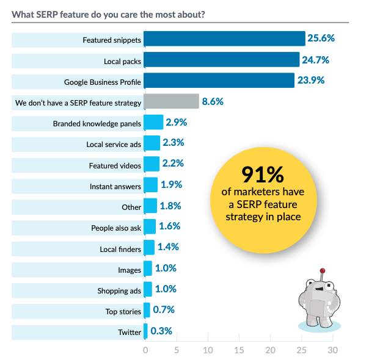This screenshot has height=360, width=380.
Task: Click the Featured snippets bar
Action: pyautogui.click(x=224, y=39)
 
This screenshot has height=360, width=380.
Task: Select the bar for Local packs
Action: pyautogui.click(x=221, y=60)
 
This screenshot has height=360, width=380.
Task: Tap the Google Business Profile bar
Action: pyautogui.click(x=219, y=81)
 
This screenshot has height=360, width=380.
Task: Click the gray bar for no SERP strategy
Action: pyautogui.click(x=171, y=101)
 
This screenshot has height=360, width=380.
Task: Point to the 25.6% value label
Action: pyautogui.click(x=321, y=39)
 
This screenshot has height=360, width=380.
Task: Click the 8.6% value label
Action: pyautogui.click(x=213, y=101)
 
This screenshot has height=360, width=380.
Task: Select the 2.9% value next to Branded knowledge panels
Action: pyautogui.click(x=176, y=122)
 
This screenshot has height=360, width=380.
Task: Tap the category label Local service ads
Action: pyautogui.click(x=114, y=144)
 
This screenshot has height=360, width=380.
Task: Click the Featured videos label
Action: pyautogui.click(x=115, y=165)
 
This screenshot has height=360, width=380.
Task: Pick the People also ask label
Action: pyautogui.click(x=116, y=228)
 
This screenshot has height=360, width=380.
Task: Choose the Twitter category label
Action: pyautogui.click(x=130, y=333)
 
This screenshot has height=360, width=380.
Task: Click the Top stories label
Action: pyautogui.click(x=123, y=312)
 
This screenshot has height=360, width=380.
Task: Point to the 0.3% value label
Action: pyautogui.click(x=162, y=331)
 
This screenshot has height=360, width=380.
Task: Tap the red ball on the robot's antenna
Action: pyautogui.click(x=323, y=270)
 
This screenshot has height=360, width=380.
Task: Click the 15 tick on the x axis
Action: pyautogui.click(x=239, y=350)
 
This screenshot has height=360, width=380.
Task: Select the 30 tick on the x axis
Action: pyautogui.click(x=332, y=350)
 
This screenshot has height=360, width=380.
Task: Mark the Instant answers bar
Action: pyautogui.click(x=150, y=185)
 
